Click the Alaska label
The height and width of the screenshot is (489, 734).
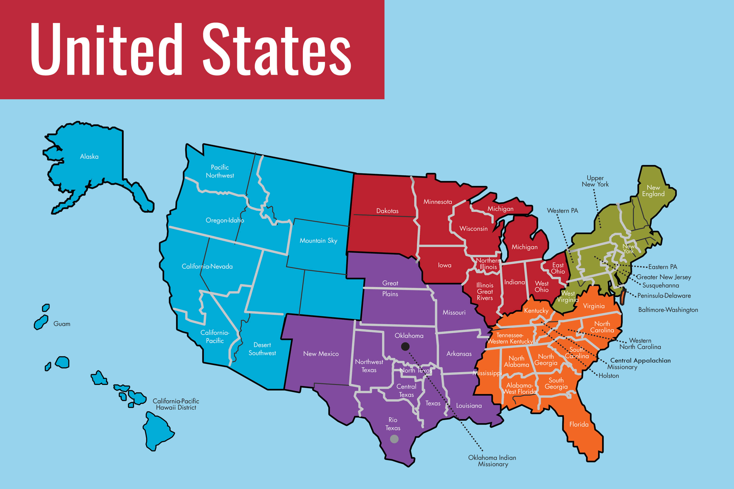89,157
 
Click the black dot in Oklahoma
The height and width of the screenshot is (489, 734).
405,347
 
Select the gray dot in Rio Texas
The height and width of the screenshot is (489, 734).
394,439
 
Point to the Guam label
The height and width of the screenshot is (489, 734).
62,324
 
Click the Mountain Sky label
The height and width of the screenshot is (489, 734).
318,240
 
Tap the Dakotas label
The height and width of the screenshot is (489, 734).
387,211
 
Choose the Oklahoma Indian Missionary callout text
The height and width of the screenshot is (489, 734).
492,461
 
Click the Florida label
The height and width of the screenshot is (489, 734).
579,424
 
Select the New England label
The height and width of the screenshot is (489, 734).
653,191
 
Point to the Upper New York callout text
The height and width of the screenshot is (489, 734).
595,181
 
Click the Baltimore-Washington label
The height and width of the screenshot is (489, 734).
668,310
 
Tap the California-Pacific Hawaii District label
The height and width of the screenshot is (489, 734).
176,404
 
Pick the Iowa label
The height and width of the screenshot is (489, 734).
444,265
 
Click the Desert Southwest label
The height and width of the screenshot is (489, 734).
262,349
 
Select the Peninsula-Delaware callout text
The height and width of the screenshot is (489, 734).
664,296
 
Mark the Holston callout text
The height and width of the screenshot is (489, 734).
608,376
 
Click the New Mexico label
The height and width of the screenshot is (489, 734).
321,354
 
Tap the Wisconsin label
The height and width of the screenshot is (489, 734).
473,229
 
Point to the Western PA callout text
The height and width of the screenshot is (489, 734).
562,211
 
